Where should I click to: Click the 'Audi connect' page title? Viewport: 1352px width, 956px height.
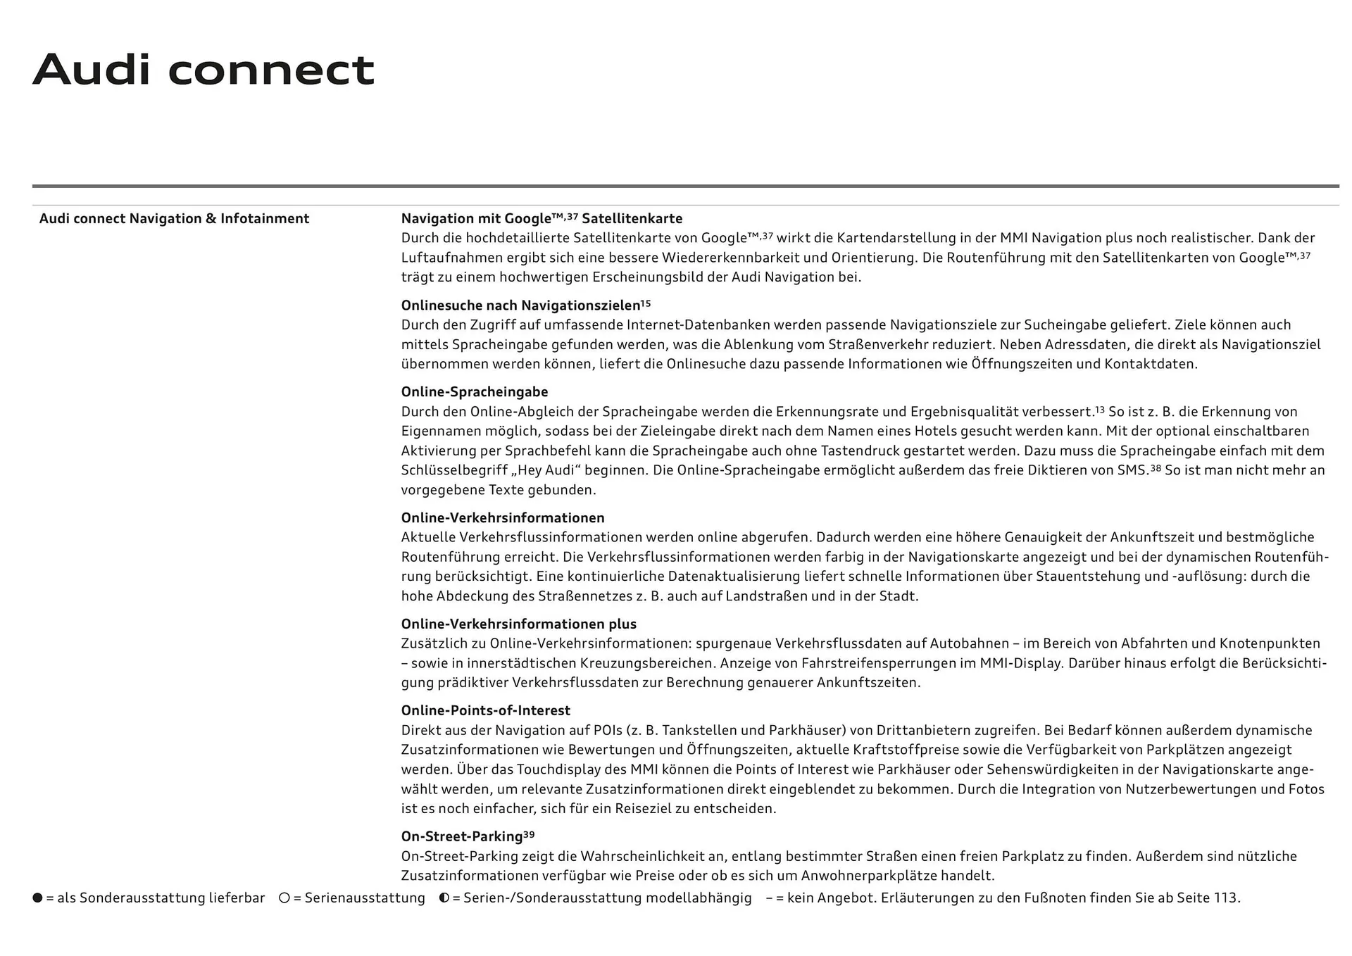click(204, 70)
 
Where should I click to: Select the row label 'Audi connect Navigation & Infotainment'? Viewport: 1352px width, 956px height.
click(174, 219)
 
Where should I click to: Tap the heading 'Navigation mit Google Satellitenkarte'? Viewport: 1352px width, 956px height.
click(542, 219)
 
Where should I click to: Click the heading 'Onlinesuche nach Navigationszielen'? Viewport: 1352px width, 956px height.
click(520, 306)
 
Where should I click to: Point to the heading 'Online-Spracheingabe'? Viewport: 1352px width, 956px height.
click(474, 392)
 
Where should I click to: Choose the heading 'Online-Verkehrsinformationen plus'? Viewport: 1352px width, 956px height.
click(518, 624)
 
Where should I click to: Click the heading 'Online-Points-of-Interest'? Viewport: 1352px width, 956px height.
click(485, 711)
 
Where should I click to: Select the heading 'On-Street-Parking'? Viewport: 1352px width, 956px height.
click(462, 837)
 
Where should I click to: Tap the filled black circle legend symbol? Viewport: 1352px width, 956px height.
click(38, 898)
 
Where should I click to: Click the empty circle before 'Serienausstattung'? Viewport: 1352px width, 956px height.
click(284, 898)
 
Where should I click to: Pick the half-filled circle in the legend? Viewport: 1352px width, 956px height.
click(444, 898)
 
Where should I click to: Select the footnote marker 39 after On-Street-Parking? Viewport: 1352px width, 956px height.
click(529, 835)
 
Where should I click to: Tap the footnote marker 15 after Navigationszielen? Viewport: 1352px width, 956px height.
click(646, 303)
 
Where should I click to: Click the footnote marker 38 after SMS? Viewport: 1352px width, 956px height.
click(1156, 468)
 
